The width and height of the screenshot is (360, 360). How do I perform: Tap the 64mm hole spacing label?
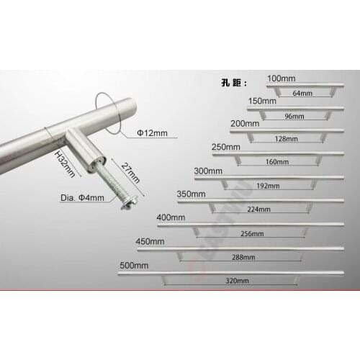click(x=302, y=94)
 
